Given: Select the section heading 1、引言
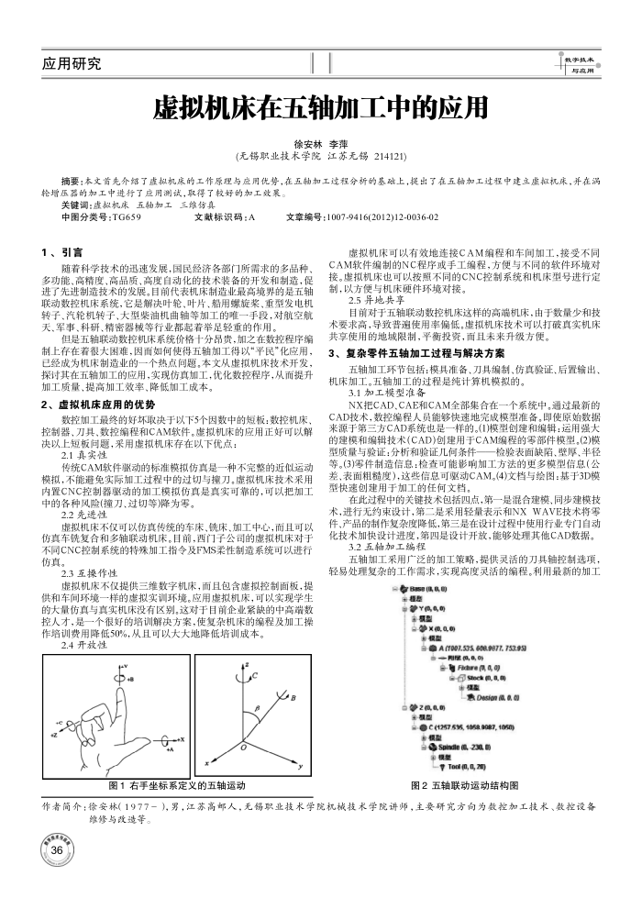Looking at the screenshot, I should (62, 250).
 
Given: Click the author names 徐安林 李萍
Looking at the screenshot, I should (320, 144).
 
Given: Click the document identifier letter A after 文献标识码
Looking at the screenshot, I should (251, 217).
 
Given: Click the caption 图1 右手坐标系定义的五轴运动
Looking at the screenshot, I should (177, 785).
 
